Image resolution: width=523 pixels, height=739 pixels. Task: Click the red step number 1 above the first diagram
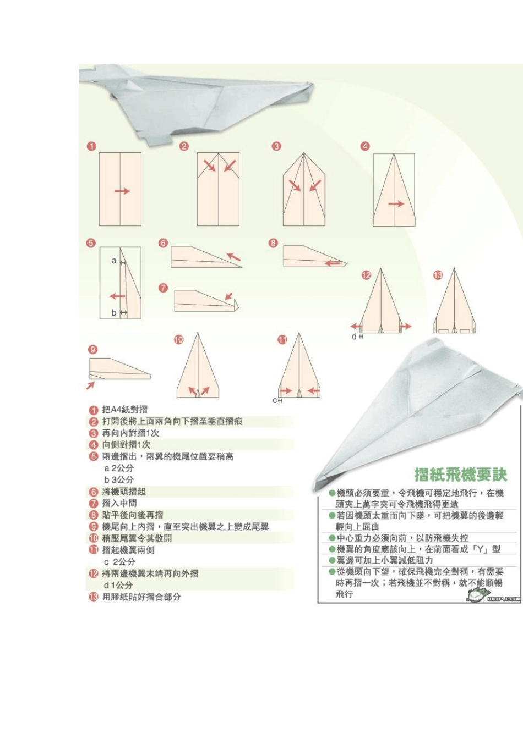coord(92,146)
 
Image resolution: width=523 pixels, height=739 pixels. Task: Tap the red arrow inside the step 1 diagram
coord(122,191)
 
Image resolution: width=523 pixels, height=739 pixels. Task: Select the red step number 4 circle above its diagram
coord(365,146)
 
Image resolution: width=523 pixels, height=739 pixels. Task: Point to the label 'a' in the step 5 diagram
coord(114,261)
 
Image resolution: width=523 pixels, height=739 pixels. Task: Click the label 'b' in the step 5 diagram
coord(115,312)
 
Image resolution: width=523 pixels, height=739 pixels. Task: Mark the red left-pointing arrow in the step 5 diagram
coord(117,296)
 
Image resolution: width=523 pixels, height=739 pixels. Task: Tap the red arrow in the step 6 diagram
coord(234,256)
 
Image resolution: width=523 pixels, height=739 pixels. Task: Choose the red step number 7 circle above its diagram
coord(163,288)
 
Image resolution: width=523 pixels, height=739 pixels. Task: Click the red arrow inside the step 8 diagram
coord(332,263)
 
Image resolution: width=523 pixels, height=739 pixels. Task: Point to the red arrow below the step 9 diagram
coord(90,386)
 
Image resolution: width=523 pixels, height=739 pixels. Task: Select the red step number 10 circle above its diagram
coord(179,340)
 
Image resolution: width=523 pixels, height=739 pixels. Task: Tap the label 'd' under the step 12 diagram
coord(354,336)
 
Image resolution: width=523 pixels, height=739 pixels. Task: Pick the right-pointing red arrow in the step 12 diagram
coord(405,327)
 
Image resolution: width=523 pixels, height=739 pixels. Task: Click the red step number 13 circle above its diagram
coord(438,275)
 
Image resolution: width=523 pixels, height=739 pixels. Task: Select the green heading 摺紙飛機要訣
coord(460,475)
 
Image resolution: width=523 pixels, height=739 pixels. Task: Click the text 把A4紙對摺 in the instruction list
coord(124,410)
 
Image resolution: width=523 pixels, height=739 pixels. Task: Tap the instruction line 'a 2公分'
coord(119,468)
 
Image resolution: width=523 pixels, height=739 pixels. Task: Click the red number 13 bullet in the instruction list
coord(93,597)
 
